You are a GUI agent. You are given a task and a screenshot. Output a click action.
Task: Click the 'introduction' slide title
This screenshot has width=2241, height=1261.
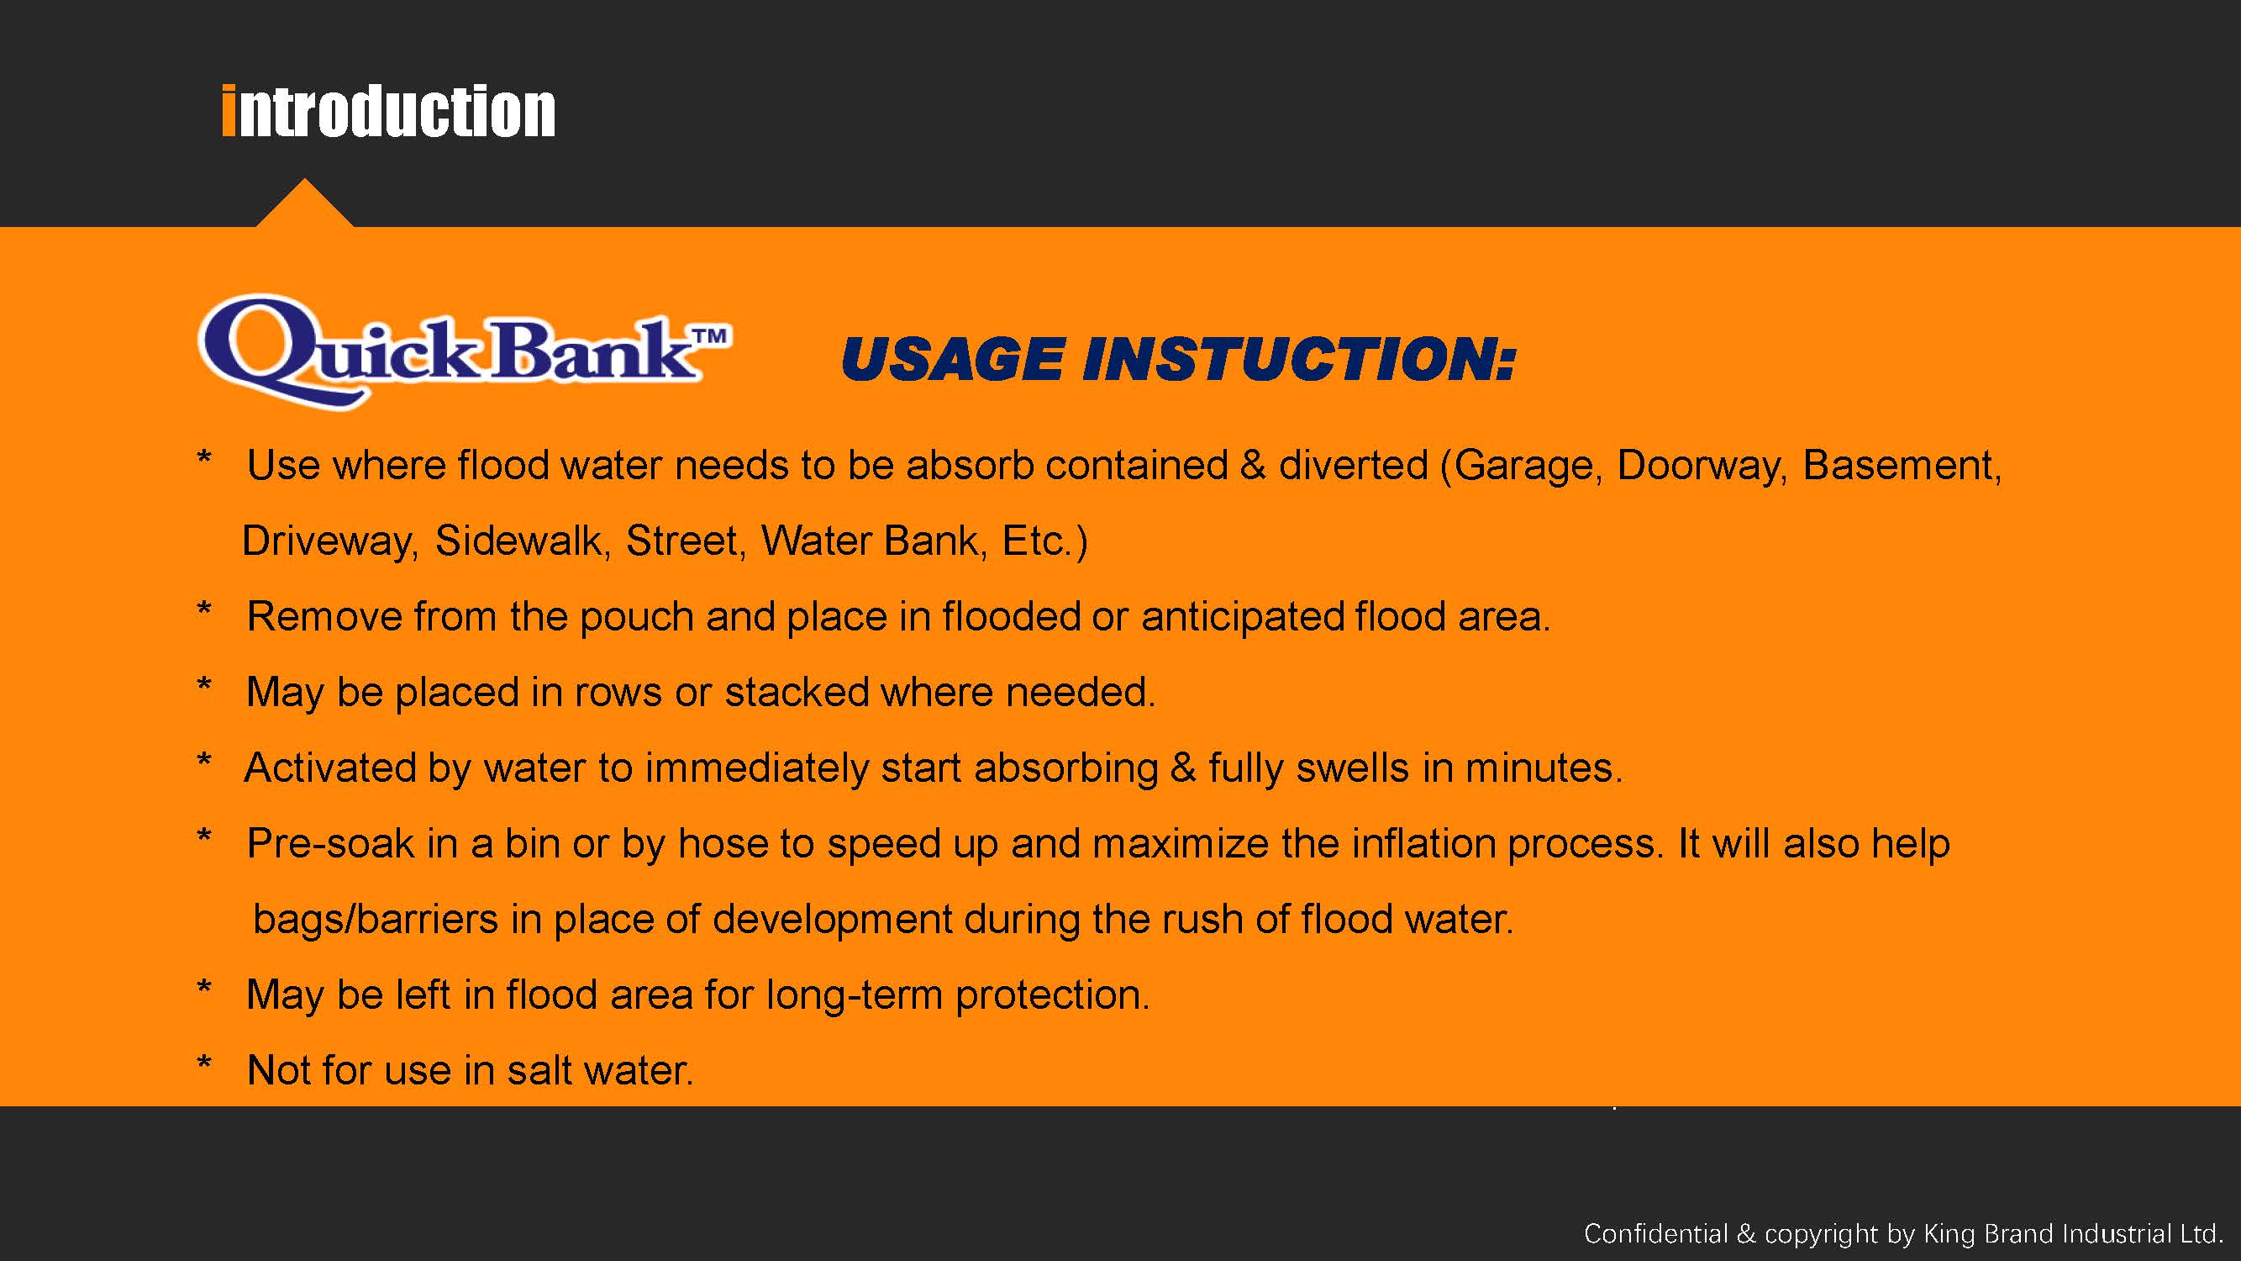pos(389,112)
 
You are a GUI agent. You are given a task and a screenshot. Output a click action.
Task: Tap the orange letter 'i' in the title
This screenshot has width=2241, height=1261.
pos(229,112)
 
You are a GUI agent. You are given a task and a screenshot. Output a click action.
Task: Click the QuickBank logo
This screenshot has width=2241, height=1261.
pos(465,351)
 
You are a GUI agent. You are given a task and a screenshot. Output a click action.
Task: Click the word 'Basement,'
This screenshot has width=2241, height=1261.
pos(1902,466)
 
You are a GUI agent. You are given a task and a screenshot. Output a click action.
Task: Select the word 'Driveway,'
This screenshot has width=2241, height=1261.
pos(330,541)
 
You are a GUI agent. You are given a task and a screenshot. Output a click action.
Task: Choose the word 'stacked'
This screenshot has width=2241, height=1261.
pos(797,692)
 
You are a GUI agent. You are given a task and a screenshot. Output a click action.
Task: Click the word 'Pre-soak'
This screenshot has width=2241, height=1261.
pos(330,843)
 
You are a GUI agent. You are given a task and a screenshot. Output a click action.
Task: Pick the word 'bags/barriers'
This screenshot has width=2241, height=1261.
pos(375,919)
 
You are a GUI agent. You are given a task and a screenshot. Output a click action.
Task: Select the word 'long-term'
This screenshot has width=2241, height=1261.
pos(855,995)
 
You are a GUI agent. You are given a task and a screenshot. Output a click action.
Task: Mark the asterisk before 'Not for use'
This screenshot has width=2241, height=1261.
pos(204,1064)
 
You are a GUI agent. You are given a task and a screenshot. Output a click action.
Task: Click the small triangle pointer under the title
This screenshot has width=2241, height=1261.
pos(304,203)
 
